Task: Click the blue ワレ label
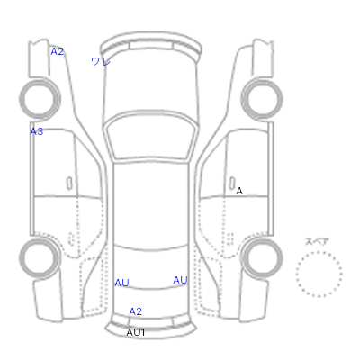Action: click(101, 62)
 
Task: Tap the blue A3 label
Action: click(37, 131)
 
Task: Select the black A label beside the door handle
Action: click(239, 191)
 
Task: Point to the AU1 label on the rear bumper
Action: click(136, 332)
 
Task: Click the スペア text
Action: click(317, 241)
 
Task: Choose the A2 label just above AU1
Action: click(135, 311)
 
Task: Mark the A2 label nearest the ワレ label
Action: click(57, 51)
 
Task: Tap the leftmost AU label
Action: click(121, 283)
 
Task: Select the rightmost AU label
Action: click(180, 280)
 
